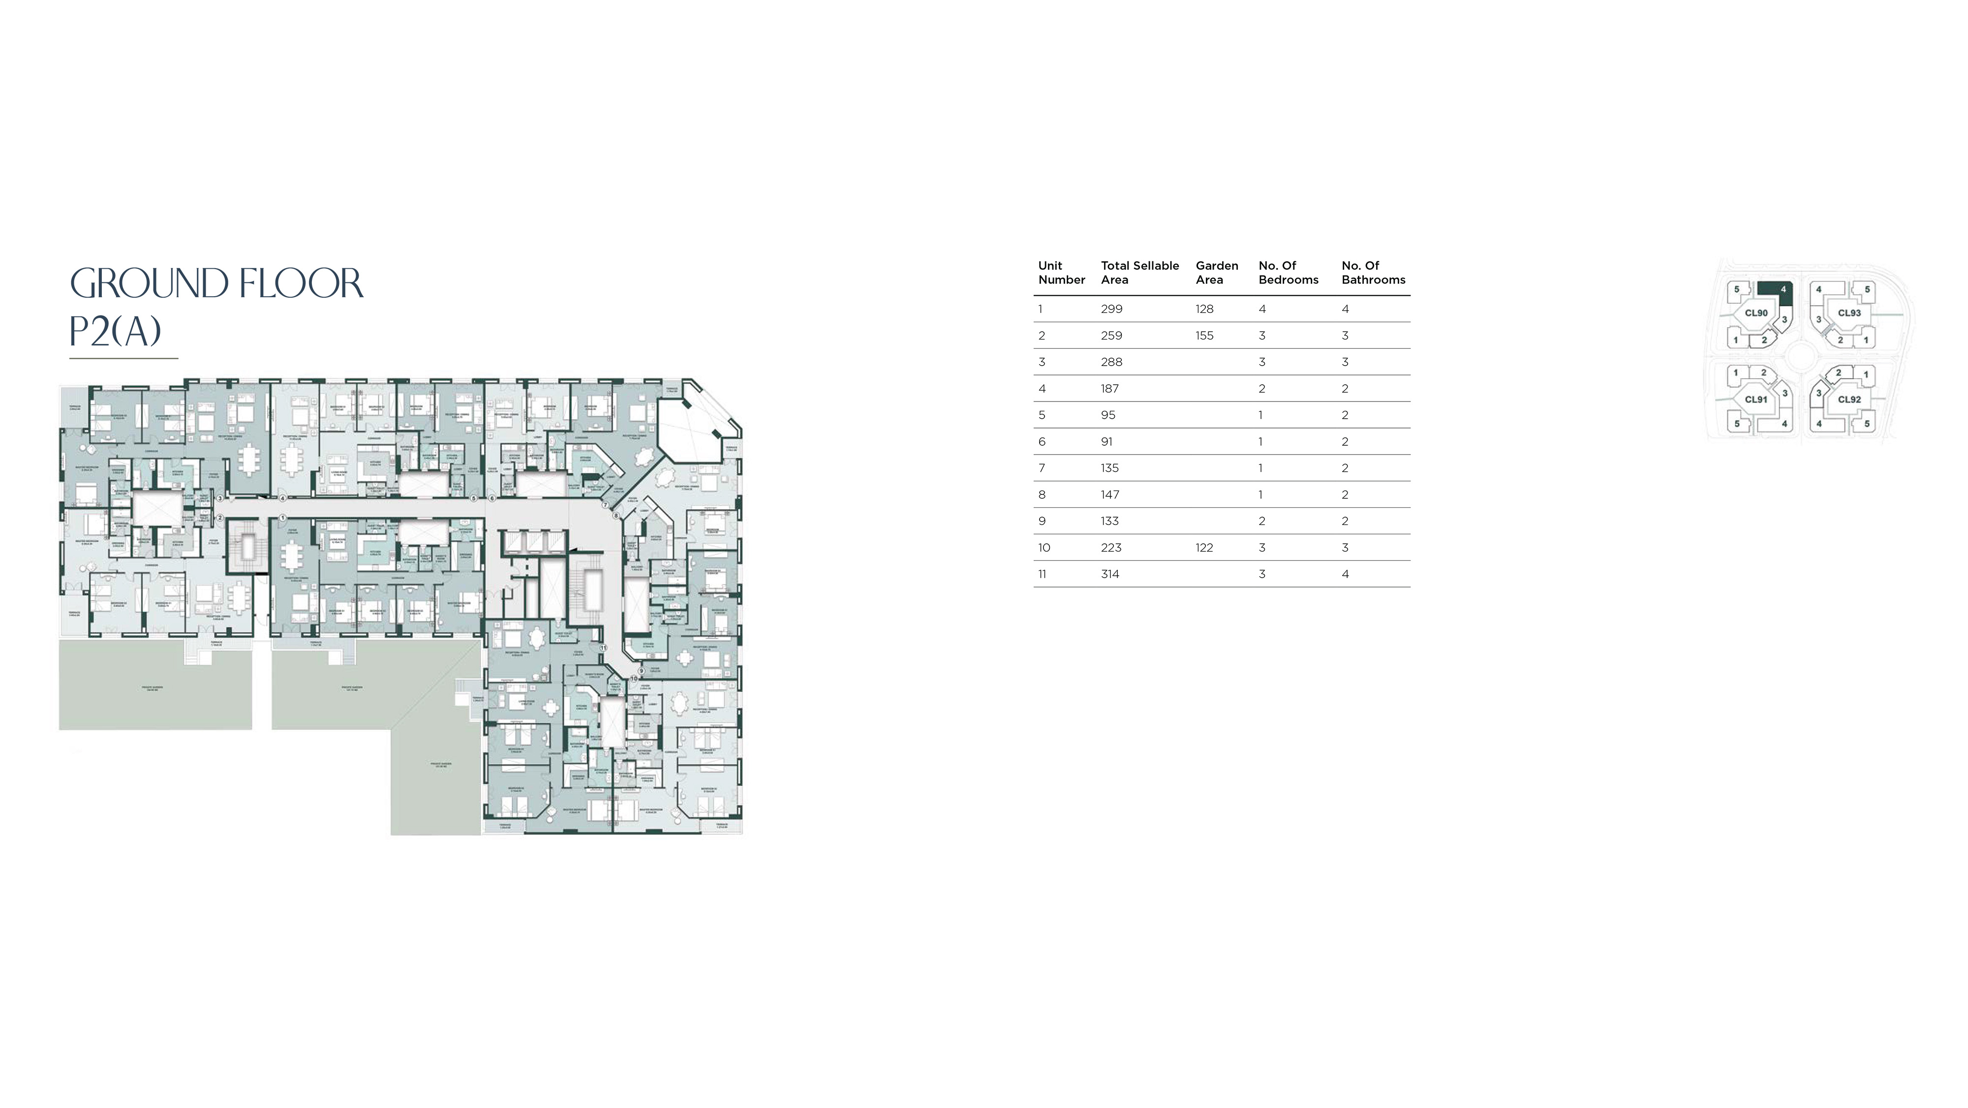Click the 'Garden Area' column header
(x=1216, y=273)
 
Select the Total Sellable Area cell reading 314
(x=1109, y=574)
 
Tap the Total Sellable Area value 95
(x=1108, y=415)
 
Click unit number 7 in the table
(x=1041, y=467)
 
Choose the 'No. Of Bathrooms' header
(x=1373, y=273)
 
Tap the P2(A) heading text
(x=115, y=331)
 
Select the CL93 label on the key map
(x=1849, y=312)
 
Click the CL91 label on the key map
(x=1755, y=399)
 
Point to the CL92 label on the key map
(x=1849, y=399)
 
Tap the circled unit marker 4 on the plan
(x=283, y=498)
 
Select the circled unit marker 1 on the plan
(x=283, y=517)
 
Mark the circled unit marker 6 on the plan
(x=492, y=498)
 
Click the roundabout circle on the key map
(x=1802, y=356)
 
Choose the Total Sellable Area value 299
(x=1111, y=308)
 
